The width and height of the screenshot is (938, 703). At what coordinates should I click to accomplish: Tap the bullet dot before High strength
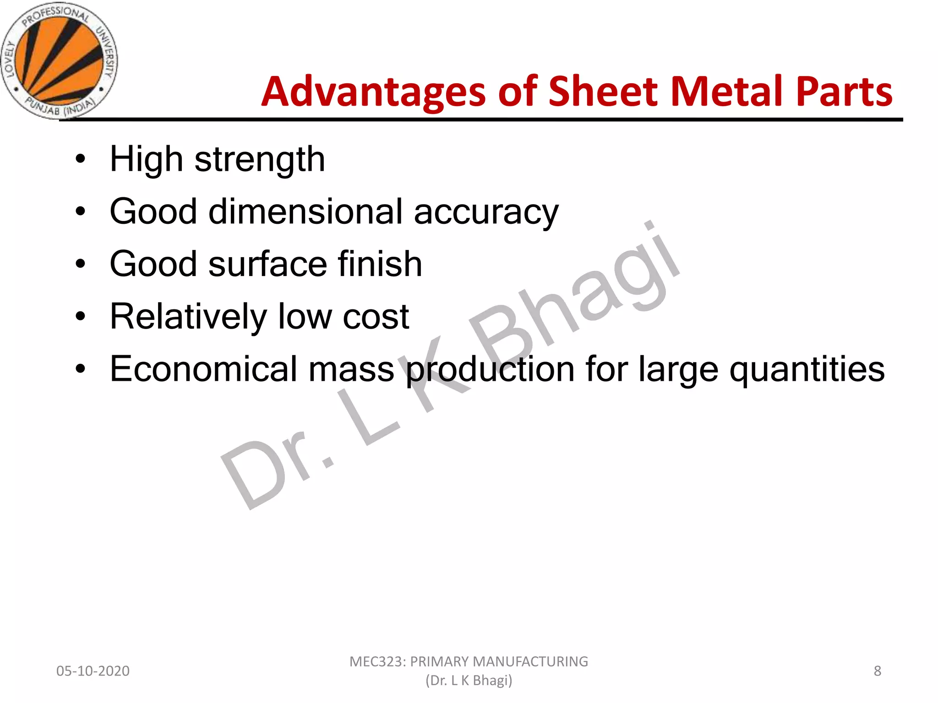click(81, 159)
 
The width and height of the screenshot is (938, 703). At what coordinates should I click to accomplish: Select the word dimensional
click(305, 212)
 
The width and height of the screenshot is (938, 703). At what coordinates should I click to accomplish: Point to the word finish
click(380, 264)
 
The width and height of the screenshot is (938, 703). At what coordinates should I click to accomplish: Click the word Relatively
click(188, 317)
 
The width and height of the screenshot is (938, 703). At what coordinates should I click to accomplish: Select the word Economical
click(203, 369)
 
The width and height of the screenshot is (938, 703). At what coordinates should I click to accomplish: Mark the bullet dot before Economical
click(81, 369)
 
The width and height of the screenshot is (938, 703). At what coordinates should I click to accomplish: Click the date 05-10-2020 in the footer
click(93, 671)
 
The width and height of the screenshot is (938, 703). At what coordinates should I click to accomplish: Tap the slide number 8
click(877, 671)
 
